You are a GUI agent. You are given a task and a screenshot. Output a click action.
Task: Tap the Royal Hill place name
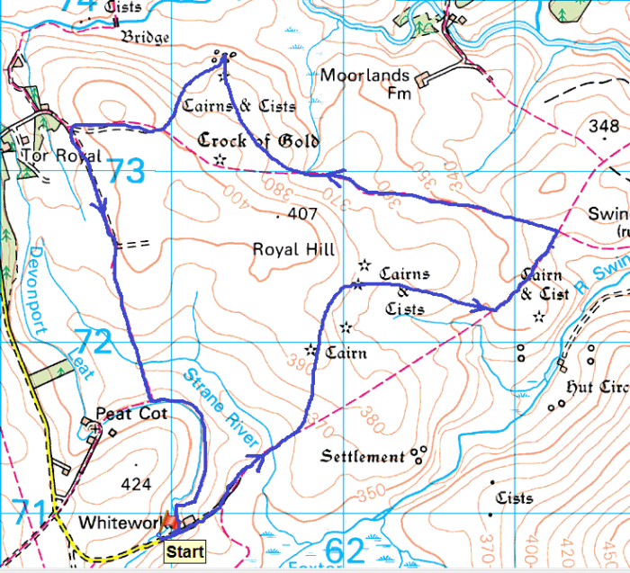[293, 249]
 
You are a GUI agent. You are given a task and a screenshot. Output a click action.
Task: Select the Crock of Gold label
[258, 141]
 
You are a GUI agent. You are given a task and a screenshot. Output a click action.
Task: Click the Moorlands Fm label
[364, 84]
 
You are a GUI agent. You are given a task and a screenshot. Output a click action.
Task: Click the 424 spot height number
[135, 484]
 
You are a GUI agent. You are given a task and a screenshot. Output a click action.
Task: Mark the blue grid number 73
[126, 170]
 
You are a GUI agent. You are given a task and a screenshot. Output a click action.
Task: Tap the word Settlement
[363, 457]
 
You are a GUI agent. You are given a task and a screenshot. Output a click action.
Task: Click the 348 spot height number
[603, 127]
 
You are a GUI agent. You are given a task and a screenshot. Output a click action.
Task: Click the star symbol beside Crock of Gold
[220, 159]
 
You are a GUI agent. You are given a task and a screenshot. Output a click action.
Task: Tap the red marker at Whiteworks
[170, 524]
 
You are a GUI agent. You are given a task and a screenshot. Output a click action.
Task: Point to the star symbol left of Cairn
[311, 349]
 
